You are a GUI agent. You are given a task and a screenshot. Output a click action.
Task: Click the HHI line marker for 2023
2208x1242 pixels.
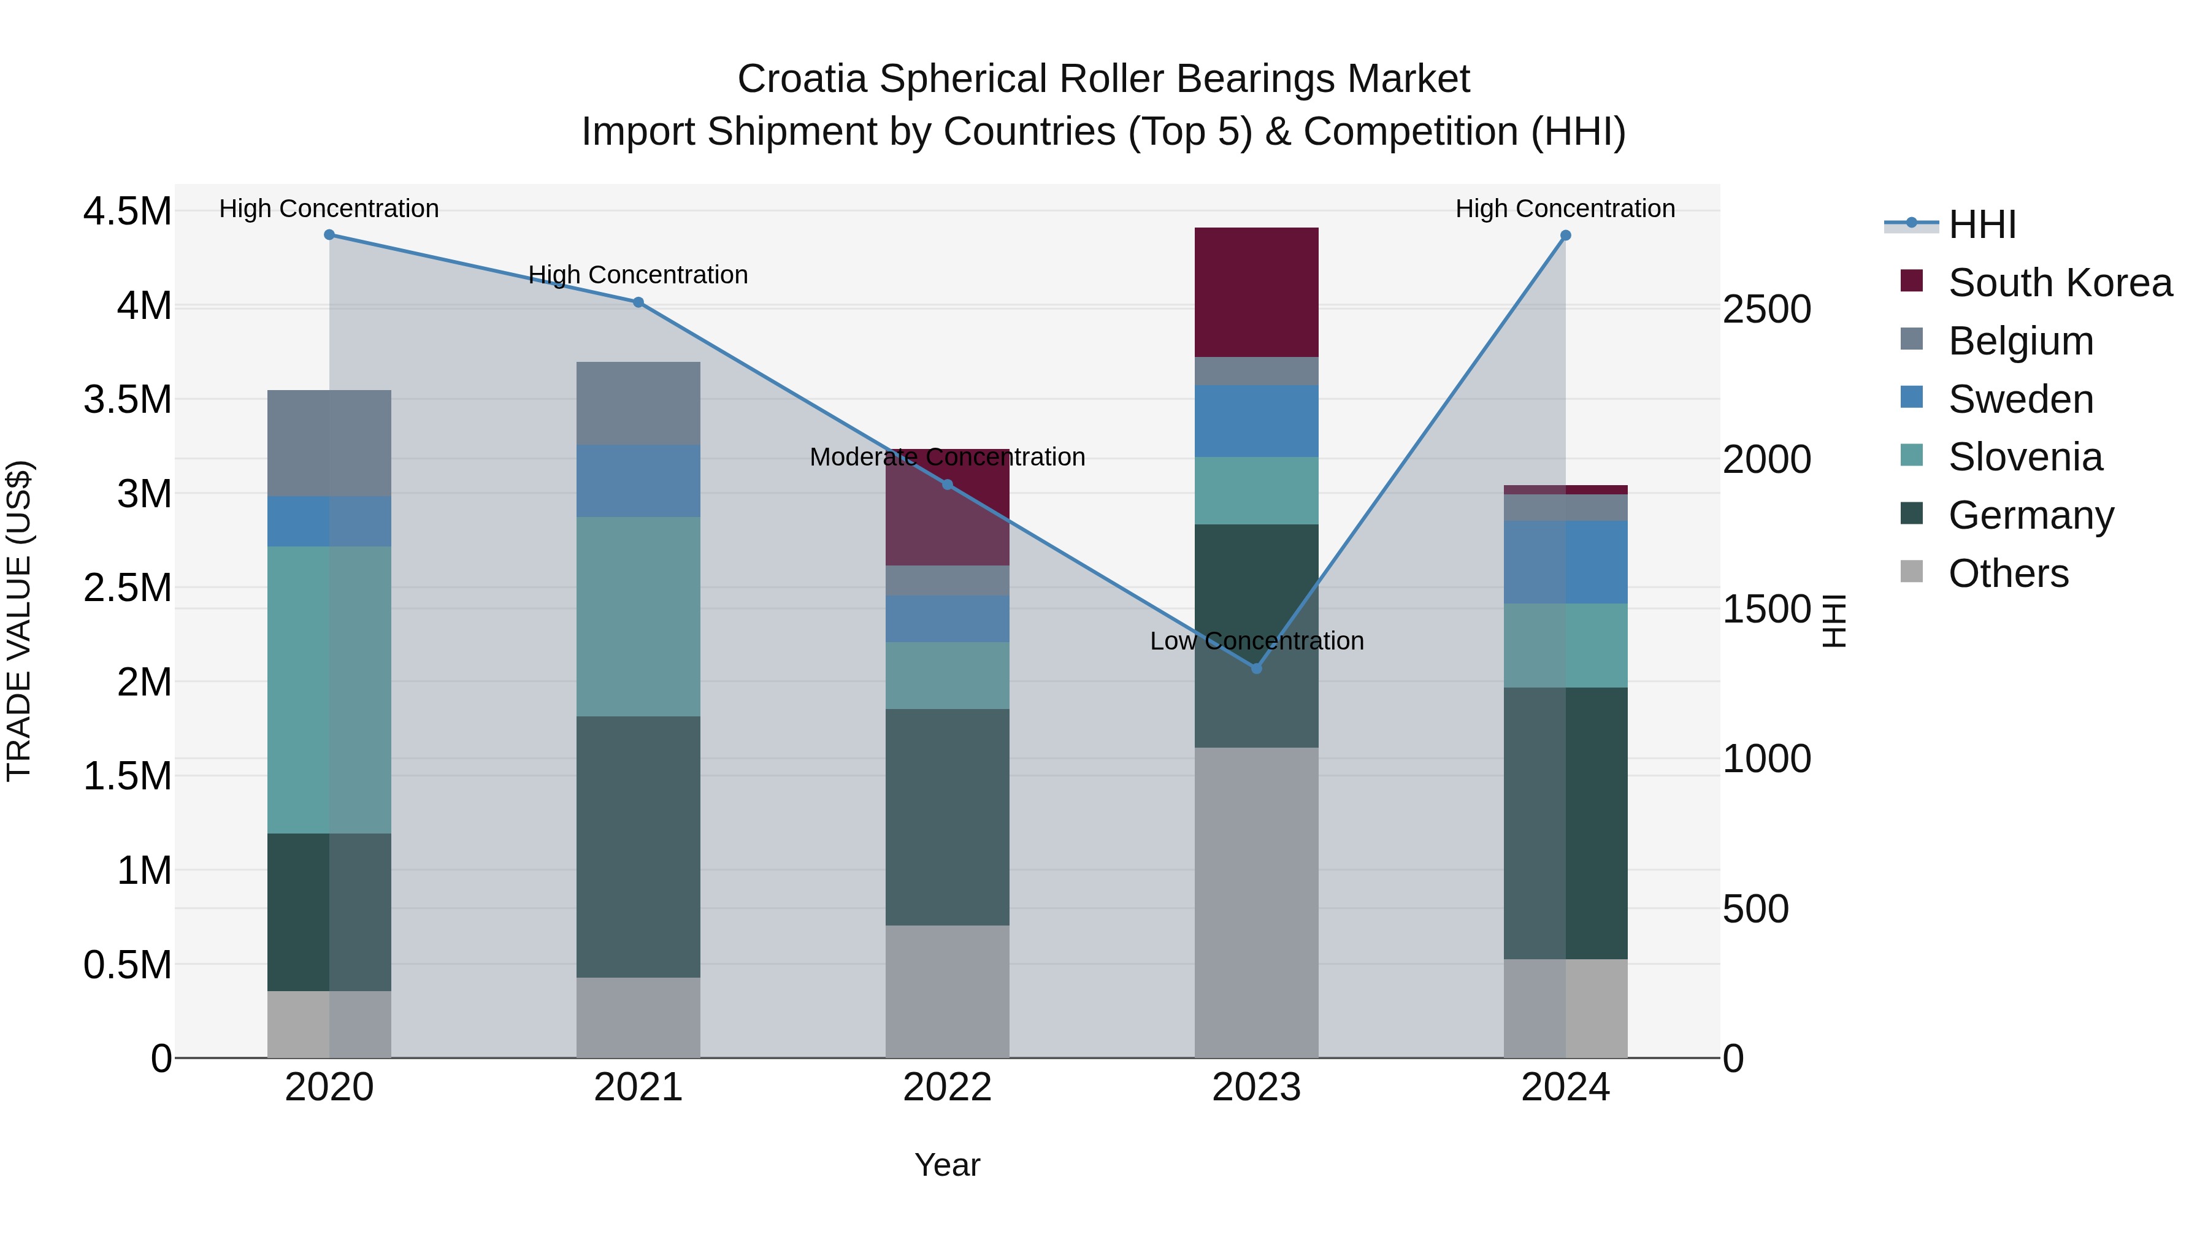click(1257, 668)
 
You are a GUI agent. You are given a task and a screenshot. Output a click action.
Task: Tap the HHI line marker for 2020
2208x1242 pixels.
click(329, 235)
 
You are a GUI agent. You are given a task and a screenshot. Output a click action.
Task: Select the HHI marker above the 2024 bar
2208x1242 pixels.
click(1565, 236)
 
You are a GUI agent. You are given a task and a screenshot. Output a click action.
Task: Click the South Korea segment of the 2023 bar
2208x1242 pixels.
click(1257, 293)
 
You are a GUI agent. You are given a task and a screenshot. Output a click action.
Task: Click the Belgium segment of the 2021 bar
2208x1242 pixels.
click(638, 403)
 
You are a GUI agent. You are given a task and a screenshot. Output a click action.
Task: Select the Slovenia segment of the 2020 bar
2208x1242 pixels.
click(329, 689)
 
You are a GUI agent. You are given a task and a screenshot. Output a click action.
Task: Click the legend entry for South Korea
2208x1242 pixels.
click(2060, 283)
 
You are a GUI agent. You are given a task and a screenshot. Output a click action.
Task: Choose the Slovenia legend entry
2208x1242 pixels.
click(2025, 457)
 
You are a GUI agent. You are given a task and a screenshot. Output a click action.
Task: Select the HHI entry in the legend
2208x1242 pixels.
click(1982, 224)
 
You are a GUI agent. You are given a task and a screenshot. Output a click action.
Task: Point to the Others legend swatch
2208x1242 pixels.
click(1911, 572)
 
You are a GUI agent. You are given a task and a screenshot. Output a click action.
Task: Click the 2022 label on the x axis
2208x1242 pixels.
click(947, 1087)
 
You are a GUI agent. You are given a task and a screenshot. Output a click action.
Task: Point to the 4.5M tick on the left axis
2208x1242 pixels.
click(128, 212)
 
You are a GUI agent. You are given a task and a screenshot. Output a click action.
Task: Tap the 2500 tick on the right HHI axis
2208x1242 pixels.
click(1768, 310)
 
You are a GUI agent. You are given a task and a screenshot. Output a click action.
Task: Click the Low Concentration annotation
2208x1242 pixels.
click(1257, 641)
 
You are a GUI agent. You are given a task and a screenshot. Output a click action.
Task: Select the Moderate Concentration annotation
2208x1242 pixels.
click(947, 457)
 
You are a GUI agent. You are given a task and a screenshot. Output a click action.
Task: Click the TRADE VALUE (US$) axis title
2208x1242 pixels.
click(19, 621)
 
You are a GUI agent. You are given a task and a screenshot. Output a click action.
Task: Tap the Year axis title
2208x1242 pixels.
click(947, 1165)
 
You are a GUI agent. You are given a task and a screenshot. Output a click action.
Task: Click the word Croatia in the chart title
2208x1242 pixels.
click(802, 79)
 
